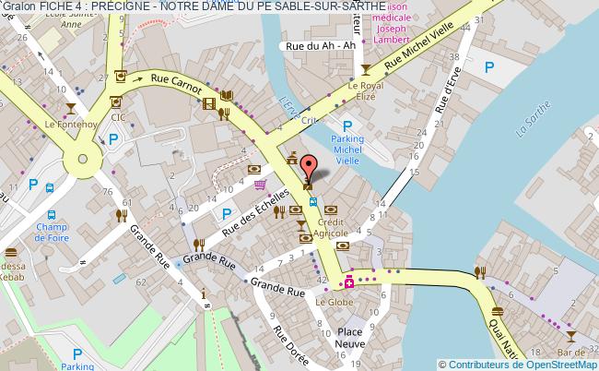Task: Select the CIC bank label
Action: pos(117,117)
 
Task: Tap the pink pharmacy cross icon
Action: pos(349,281)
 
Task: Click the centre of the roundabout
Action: pos(85,159)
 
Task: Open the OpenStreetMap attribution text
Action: pos(519,364)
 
